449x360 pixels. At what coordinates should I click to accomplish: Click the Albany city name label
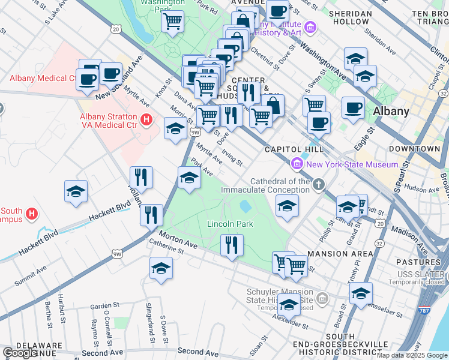[x=391, y=111]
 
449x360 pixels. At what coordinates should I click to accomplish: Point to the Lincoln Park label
[x=230, y=224]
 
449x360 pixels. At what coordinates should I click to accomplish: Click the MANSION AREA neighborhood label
[x=337, y=254]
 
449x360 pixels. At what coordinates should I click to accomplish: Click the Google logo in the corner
[x=20, y=353]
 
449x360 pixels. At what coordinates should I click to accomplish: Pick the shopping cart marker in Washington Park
[x=172, y=22]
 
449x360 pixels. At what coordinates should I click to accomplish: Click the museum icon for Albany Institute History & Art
[x=310, y=27]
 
